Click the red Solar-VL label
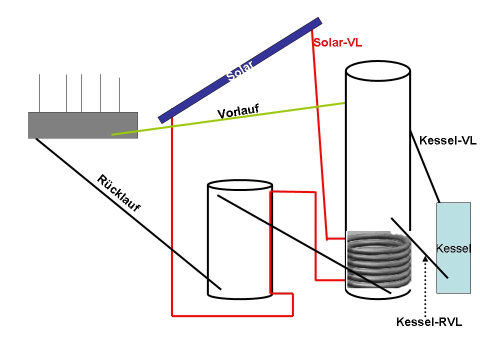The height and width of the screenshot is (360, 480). tap(337, 42)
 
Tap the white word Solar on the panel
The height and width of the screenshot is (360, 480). tap(240, 70)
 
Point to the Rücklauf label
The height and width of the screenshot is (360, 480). tap(118, 193)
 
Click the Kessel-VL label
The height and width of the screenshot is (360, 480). tap(447, 140)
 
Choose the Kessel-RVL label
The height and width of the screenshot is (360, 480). tap(429, 322)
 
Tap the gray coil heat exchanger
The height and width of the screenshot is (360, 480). tap(377, 260)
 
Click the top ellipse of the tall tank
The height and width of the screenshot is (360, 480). tap(378, 70)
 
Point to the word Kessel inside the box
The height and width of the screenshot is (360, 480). tap(453, 248)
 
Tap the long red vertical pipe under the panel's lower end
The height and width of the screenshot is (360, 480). tap(171, 215)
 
